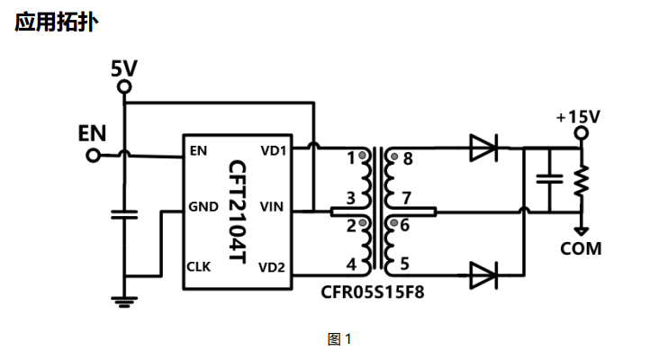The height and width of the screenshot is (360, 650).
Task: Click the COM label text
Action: pos(581,248)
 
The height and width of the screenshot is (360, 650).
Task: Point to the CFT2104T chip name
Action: pos(238,211)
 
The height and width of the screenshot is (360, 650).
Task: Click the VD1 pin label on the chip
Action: pos(273,151)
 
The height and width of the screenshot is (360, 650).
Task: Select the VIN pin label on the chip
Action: pos(272,206)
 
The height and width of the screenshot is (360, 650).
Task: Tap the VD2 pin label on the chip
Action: pos(272,267)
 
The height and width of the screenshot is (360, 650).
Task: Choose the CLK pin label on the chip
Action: pos(199,266)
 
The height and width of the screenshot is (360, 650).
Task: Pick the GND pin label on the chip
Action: pos(203,206)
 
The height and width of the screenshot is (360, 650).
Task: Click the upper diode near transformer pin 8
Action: pos(483,148)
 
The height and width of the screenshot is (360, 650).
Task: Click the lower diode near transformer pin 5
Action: pos(483,275)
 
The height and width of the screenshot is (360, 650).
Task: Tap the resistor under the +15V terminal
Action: pos(582,181)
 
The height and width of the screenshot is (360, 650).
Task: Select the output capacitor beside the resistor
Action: pos(550,179)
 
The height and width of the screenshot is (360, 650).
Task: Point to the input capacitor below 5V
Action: pos(124,214)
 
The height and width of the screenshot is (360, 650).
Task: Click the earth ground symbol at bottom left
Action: pos(124,302)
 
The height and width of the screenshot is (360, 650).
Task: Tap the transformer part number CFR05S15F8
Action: pos(372,292)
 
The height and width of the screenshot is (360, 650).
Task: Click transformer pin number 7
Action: pos(407,198)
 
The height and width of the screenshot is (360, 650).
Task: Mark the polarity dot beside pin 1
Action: pos(362,156)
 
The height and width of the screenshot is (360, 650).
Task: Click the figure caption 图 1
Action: pos(339,339)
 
